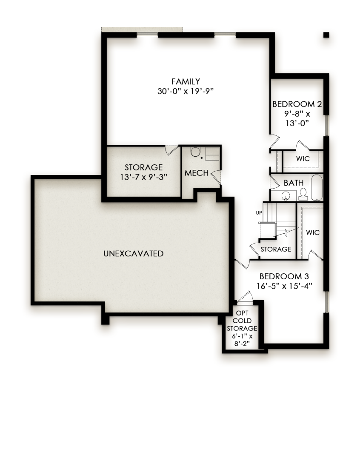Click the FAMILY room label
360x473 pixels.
point(186,81)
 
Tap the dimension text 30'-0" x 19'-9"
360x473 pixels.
point(186,91)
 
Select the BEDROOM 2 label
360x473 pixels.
point(297,104)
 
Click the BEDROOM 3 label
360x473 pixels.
point(284,276)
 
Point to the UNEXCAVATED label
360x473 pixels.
point(133,253)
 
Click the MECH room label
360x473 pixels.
point(197,173)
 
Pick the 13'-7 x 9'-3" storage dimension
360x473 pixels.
point(143,177)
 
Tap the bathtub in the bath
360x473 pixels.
point(317,188)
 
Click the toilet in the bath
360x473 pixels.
point(303,194)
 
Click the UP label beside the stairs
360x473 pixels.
point(259,213)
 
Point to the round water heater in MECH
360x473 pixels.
point(196,152)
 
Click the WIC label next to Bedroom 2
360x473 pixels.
point(303,159)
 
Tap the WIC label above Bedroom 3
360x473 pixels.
point(313,232)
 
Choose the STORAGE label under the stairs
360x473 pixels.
point(276,249)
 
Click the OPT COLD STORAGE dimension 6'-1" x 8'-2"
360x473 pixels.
point(242,340)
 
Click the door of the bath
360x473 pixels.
point(274,182)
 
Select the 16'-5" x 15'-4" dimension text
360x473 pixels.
point(284,286)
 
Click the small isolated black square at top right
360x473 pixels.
point(326,35)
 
